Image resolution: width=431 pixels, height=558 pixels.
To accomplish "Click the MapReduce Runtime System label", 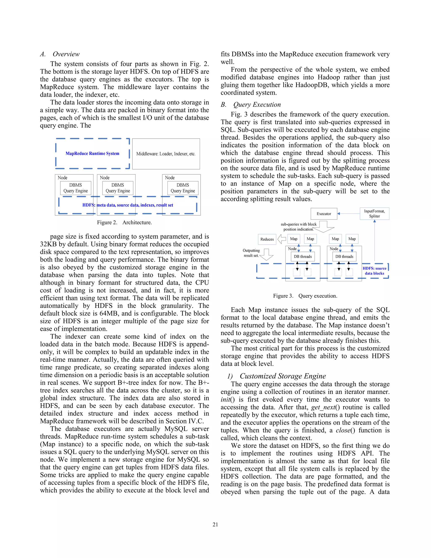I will click(x=92, y=154).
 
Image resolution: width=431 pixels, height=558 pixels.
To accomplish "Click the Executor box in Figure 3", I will click(x=324, y=214).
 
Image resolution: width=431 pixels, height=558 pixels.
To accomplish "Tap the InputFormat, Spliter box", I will click(x=374, y=214).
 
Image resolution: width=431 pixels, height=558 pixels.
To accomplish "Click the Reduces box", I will click(x=267, y=239).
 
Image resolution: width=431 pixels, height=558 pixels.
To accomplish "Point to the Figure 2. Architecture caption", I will click(x=124, y=223).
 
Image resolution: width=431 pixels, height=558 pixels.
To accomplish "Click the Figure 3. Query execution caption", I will click(x=305, y=296).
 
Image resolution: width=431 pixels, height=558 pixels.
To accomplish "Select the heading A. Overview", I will click(x=60, y=54).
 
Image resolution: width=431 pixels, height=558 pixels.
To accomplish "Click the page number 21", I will click(x=215, y=525).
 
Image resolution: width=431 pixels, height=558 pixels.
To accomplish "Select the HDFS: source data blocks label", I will click(x=374, y=271).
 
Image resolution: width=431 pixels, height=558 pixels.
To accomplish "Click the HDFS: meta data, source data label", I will click(x=128, y=205).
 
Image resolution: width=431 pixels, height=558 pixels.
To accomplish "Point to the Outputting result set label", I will click(x=251, y=253).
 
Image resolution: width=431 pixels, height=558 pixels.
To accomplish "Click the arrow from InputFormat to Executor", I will click(x=349, y=214).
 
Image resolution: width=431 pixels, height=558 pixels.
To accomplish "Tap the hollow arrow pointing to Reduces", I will click(x=282, y=239).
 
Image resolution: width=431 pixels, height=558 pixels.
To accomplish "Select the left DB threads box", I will click(x=303, y=256).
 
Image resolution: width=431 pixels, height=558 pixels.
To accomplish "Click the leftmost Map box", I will click(x=294, y=239).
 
